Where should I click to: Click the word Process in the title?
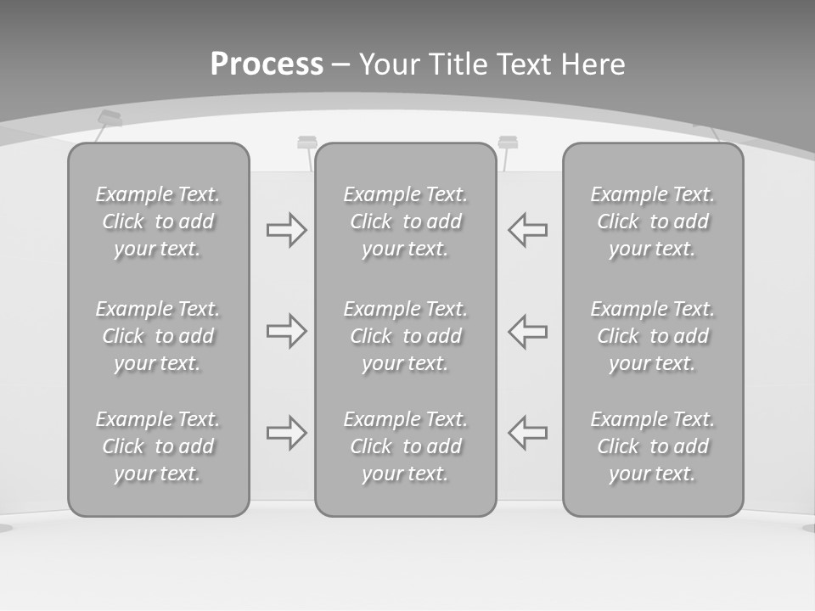tap(267, 64)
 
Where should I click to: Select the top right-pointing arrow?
tap(287, 230)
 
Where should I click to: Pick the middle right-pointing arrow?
tap(287, 331)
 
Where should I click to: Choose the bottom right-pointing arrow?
tap(287, 433)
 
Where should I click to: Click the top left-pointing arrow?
tap(527, 230)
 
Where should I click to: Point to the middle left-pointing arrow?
tap(527, 331)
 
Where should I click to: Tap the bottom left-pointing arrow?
tap(527, 433)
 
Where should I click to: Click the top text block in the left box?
tap(158, 221)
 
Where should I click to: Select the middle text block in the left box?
tap(158, 336)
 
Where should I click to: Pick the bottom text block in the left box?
tap(158, 446)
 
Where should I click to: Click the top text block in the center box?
tap(405, 221)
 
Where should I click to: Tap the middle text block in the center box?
tap(405, 336)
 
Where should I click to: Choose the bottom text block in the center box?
tap(405, 446)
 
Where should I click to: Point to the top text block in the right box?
tap(652, 221)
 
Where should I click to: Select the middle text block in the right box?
tap(652, 336)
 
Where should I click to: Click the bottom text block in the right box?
tap(652, 446)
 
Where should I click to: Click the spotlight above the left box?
tap(110, 119)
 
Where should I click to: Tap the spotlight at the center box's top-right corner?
tap(508, 142)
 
